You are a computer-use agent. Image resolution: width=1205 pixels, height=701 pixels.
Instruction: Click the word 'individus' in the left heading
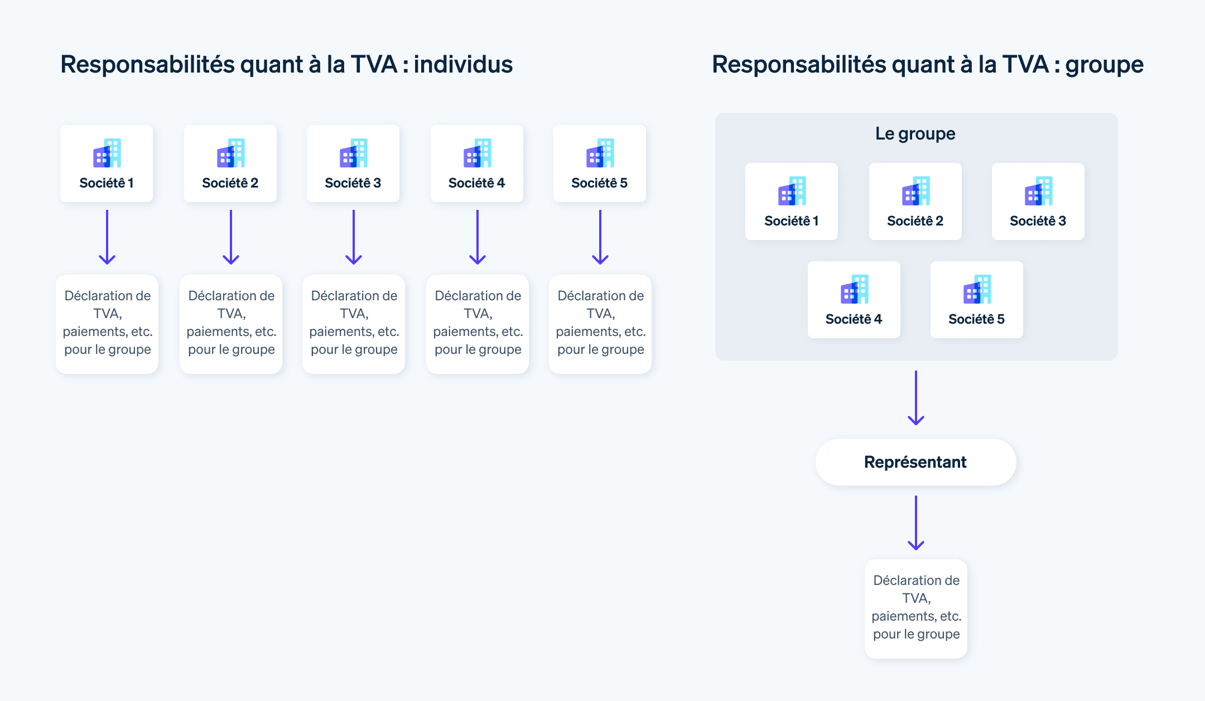463,64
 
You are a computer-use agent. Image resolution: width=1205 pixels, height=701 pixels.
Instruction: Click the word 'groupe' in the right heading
1104,64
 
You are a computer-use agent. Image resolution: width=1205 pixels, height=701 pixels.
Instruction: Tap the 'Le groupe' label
915,133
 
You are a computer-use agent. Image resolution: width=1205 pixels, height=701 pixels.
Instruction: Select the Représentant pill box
915,462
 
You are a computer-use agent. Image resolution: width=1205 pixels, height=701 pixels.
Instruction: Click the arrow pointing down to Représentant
916,398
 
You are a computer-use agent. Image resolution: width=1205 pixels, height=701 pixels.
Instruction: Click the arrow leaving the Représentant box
916,523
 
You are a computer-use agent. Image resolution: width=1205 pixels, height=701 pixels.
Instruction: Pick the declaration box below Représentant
916,608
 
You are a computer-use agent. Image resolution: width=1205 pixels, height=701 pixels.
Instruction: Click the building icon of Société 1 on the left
107,153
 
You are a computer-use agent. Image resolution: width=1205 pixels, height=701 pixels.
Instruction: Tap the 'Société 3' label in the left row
353,183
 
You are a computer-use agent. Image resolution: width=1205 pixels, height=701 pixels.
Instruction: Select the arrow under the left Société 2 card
231,237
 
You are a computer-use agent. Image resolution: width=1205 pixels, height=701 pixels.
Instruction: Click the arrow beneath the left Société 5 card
600,237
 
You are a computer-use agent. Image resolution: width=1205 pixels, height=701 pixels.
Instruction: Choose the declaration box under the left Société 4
478,324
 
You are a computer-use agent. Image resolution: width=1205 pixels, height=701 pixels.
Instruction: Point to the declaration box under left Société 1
107,324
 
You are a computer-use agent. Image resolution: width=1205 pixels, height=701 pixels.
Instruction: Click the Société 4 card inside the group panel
854,300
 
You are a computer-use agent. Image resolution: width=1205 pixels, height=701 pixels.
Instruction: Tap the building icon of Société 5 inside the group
977,289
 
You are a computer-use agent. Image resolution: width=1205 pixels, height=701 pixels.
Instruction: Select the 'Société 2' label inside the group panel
915,221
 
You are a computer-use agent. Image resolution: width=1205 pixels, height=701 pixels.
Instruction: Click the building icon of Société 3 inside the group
1038,191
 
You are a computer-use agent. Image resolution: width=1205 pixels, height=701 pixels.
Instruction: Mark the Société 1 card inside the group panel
791,201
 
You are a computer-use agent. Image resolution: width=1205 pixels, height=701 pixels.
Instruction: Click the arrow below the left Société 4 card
478,237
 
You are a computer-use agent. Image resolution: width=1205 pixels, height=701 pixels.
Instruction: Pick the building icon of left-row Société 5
600,153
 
